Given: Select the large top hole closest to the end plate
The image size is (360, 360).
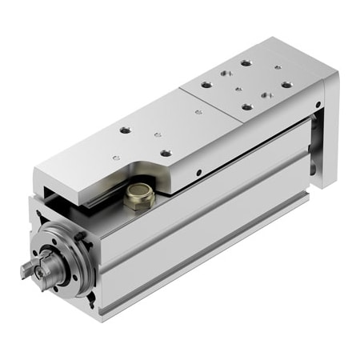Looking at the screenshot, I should pos(286,86).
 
